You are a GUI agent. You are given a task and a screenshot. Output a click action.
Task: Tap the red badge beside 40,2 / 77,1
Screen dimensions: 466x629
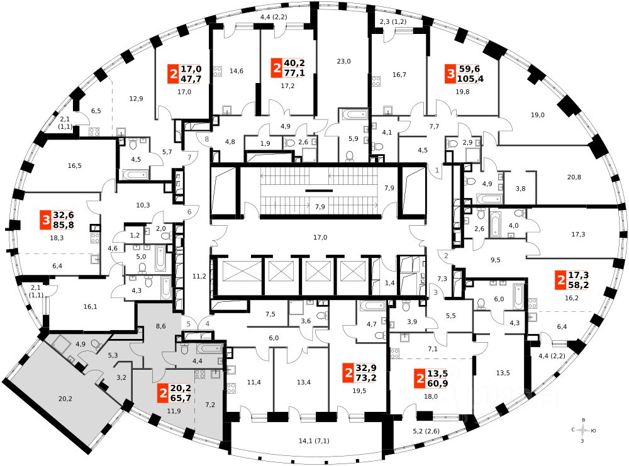[x=277, y=68]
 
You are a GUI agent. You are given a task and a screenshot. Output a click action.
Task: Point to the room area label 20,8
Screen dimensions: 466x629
[x=574, y=177]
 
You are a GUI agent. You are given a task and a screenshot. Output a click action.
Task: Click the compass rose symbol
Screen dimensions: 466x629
[x=585, y=430]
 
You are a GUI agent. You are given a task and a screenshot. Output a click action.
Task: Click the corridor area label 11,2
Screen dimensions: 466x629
[x=199, y=275]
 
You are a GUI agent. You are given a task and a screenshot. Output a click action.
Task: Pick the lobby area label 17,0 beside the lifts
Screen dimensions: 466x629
[x=320, y=237]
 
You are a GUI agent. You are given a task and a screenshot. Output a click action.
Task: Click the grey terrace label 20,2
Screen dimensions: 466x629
[x=65, y=398]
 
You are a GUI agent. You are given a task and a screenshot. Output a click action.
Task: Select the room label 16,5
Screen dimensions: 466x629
[x=74, y=165]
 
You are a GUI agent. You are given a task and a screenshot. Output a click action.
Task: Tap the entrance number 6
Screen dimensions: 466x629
[x=189, y=212]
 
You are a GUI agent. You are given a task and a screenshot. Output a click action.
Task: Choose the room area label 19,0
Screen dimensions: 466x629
[x=537, y=114]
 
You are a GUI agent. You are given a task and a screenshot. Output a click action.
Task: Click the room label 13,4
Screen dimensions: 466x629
[x=304, y=382]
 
